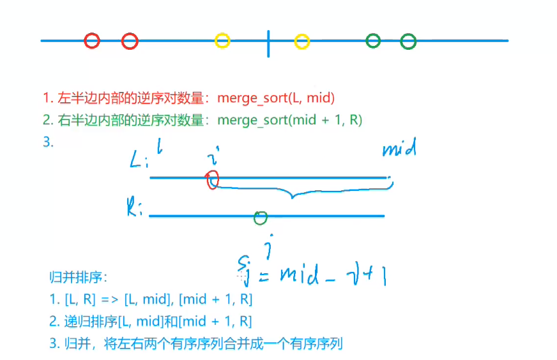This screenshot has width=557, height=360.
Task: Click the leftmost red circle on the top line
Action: tap(92, 41)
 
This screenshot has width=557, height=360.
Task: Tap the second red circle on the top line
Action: tap(130, 41)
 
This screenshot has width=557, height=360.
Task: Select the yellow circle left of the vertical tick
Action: tap(222, 41)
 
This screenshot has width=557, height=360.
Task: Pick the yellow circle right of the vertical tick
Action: tap(302, 42)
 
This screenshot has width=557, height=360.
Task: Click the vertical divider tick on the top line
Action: tap(268, 42)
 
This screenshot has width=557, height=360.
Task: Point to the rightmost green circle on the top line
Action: tap(408, 41)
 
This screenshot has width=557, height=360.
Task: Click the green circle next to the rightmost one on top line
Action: tap(373, 41)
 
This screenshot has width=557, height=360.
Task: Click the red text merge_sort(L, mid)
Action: tap(276, 98)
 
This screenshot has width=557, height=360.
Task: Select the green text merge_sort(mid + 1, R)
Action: tap(289, 120)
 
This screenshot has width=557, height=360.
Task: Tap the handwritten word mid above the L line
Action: tap(399, 149)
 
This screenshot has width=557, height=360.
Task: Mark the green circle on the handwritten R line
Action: tap(260, 218)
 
